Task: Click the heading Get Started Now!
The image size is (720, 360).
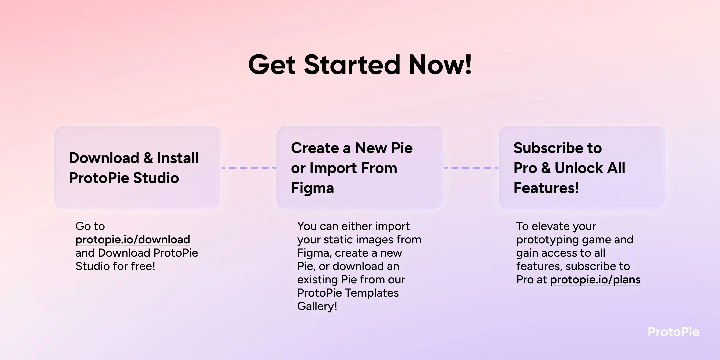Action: pos(360,65)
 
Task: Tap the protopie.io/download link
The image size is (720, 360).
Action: pos(133,240)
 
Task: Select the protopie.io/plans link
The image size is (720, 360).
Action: pos(595,280)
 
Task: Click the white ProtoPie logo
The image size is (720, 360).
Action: pos(673,332)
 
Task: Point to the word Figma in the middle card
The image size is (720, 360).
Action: pos(312,188)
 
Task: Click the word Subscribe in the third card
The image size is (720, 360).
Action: pos(547,148)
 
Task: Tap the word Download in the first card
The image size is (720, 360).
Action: pos(104,158)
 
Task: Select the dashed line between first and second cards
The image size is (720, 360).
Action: pos(249,168)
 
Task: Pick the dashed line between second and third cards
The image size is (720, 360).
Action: pos(471,168)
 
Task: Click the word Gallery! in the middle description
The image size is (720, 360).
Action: pos(317,306)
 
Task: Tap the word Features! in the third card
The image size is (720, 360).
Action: pos(546,188)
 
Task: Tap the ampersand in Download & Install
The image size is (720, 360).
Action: pos(148,158)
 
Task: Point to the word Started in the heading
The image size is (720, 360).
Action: pos(352,65)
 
